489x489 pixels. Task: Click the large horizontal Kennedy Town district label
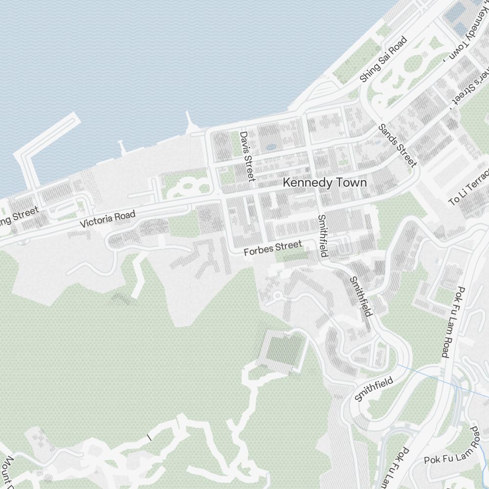tap(325, 182)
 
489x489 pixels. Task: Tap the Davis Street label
tap(247, 156)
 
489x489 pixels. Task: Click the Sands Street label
tap(398, 145)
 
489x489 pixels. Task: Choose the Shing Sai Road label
tap(383, 59)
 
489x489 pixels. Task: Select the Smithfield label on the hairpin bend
tap(374, 389)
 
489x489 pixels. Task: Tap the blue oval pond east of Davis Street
tap(270, 146)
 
